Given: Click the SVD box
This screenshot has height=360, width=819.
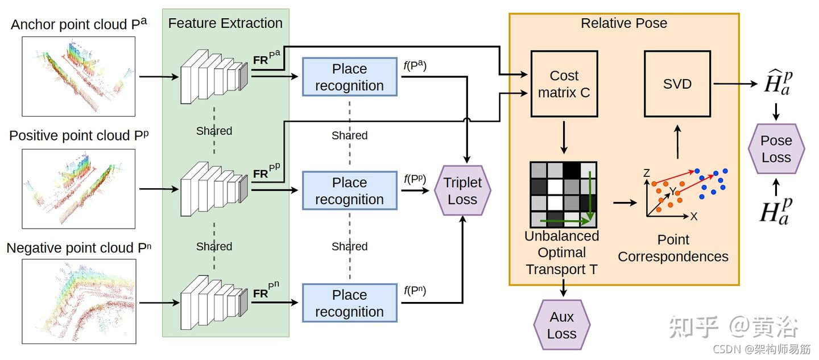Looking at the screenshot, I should coord(677,84).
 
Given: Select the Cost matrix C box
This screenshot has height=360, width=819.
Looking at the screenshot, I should coord(564,84).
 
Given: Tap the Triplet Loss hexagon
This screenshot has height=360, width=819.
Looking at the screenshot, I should coord(462,191).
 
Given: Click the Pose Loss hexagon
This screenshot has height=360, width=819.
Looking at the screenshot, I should coord(776,149).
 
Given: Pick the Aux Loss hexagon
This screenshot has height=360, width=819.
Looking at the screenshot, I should coord(561,325).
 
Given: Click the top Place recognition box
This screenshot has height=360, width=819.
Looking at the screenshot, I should coord(349,77).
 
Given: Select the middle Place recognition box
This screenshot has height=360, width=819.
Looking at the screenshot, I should coord(349,191).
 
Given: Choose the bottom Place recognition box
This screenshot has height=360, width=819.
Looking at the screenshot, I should coord(349,303).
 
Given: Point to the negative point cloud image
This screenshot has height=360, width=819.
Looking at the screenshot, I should coord(79,301).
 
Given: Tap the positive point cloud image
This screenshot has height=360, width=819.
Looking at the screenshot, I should coord(79,188).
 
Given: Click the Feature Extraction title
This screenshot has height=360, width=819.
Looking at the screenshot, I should coord(225,23).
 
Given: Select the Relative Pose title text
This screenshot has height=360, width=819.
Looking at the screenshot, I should coord(623,23).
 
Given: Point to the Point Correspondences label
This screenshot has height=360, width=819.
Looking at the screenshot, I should coord(673,248).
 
